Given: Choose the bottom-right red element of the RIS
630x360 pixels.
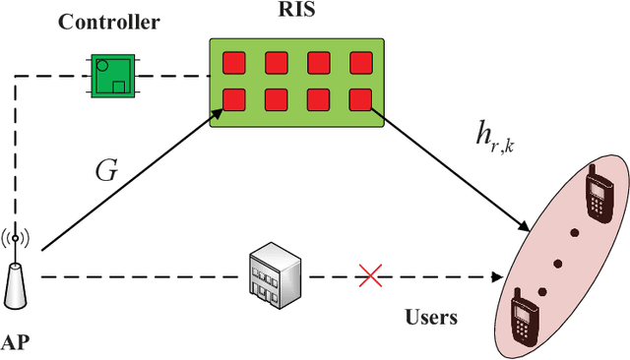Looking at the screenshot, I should pos(360,98).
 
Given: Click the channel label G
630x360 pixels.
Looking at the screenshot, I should pos(105,170).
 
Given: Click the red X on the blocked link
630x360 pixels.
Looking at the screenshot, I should pos(370,277).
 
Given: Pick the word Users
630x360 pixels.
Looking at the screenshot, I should pos(431,319).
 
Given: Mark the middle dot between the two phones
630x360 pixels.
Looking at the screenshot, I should pos(558,263).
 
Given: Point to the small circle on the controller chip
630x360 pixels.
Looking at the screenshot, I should pos(102,66).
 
